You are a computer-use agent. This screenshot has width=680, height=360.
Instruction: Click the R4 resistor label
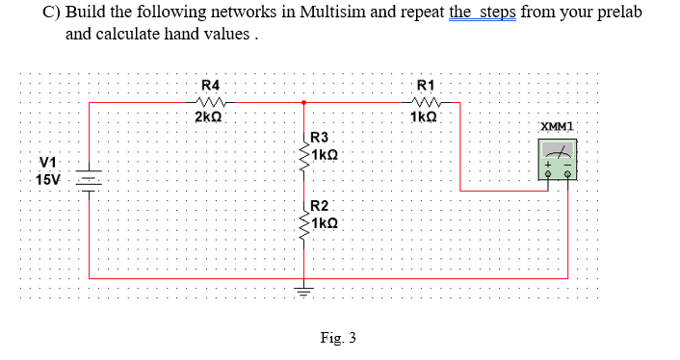[210, 85]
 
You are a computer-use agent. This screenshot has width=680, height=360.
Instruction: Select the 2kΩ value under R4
[209, 116]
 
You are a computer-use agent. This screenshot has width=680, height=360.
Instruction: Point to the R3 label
[320, 138]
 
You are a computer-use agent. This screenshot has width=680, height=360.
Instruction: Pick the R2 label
[320, 205]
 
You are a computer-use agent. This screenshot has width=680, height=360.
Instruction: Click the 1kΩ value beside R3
[324, 154]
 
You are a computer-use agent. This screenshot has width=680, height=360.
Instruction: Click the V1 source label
[47, 162]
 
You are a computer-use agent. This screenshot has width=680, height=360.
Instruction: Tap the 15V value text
[48, 179]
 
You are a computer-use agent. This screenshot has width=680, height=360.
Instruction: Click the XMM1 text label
[558, 127]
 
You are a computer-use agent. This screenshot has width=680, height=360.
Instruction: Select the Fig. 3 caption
[338, 338]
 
